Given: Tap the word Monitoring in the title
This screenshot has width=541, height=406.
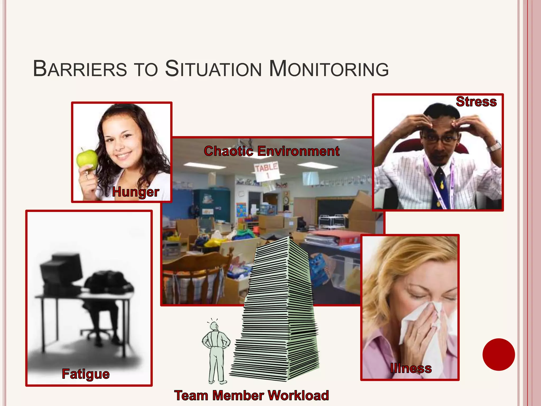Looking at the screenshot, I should [329, 69].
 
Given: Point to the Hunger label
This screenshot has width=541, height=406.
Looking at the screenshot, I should [136, 192].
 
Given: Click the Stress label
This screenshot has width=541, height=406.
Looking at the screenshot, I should [476, 102].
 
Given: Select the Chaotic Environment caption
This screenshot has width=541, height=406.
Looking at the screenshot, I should [272, 151].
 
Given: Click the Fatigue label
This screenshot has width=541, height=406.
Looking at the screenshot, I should [86, 374].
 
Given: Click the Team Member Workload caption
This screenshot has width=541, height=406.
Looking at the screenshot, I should [251, 396].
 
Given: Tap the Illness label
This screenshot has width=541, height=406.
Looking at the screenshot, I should [411, 368].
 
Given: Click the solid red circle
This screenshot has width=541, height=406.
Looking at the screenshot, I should [498, 354].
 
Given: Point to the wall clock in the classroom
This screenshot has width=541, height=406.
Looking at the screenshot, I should [286, 200].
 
